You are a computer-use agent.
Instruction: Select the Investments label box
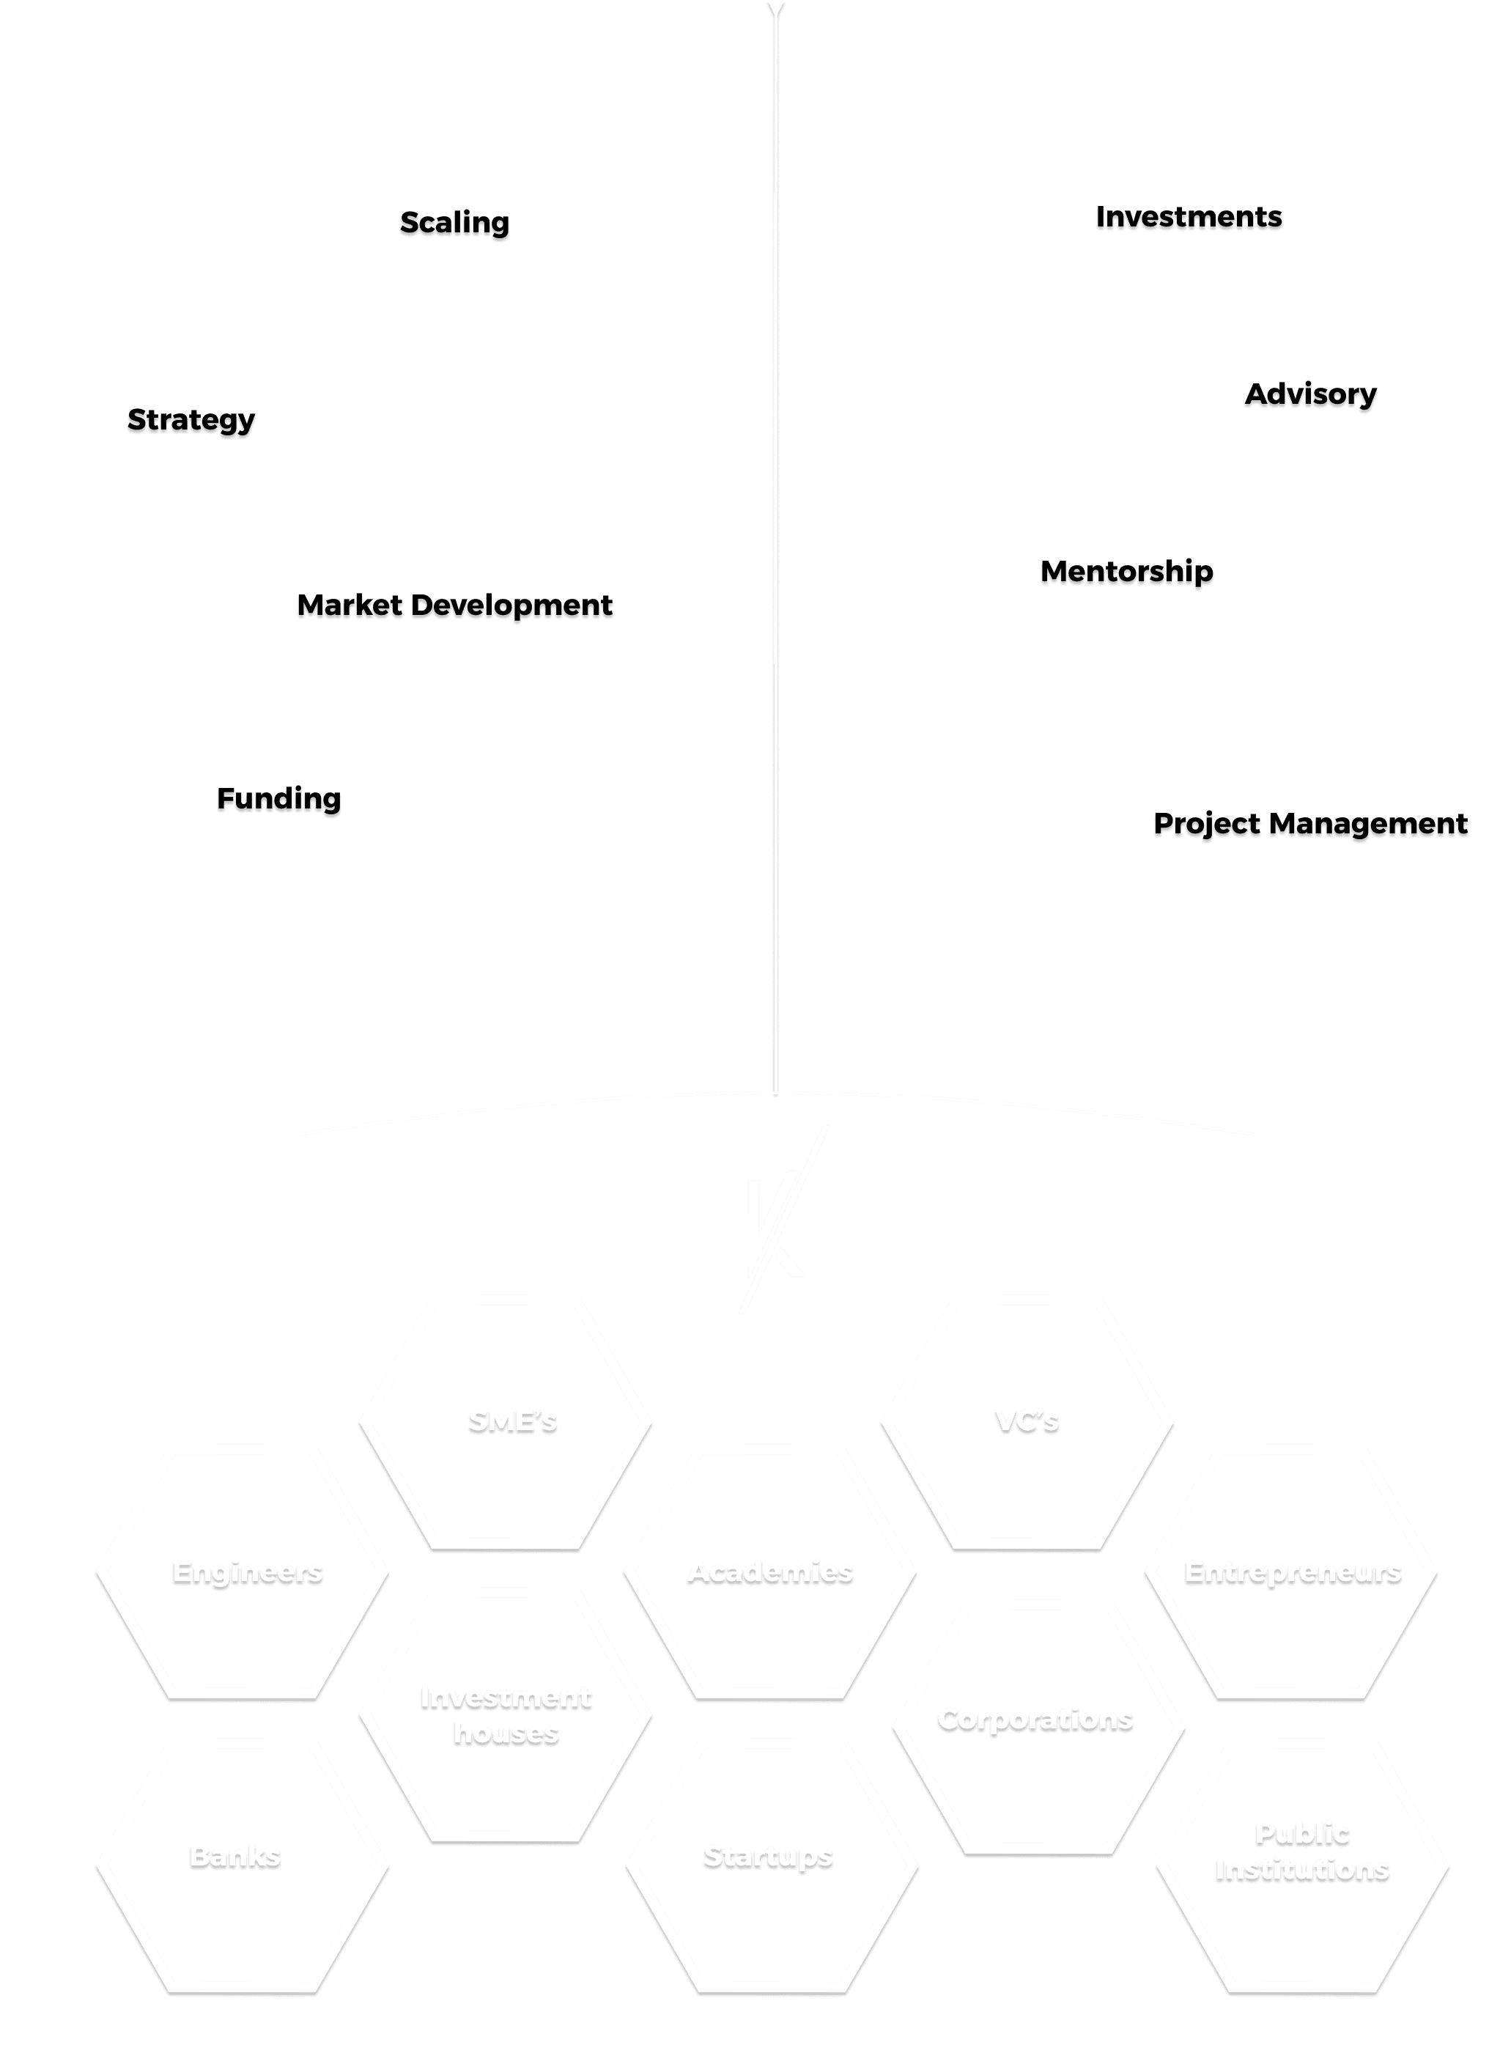click(x=1183, y=216)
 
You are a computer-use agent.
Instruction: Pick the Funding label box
click(x=274, y=797)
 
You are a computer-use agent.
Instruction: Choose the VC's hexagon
click(x=1027, y=1421)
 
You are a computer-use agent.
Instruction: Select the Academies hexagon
click(x=770, y=1571)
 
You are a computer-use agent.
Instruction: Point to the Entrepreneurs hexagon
click(x=1291, y=1571)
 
